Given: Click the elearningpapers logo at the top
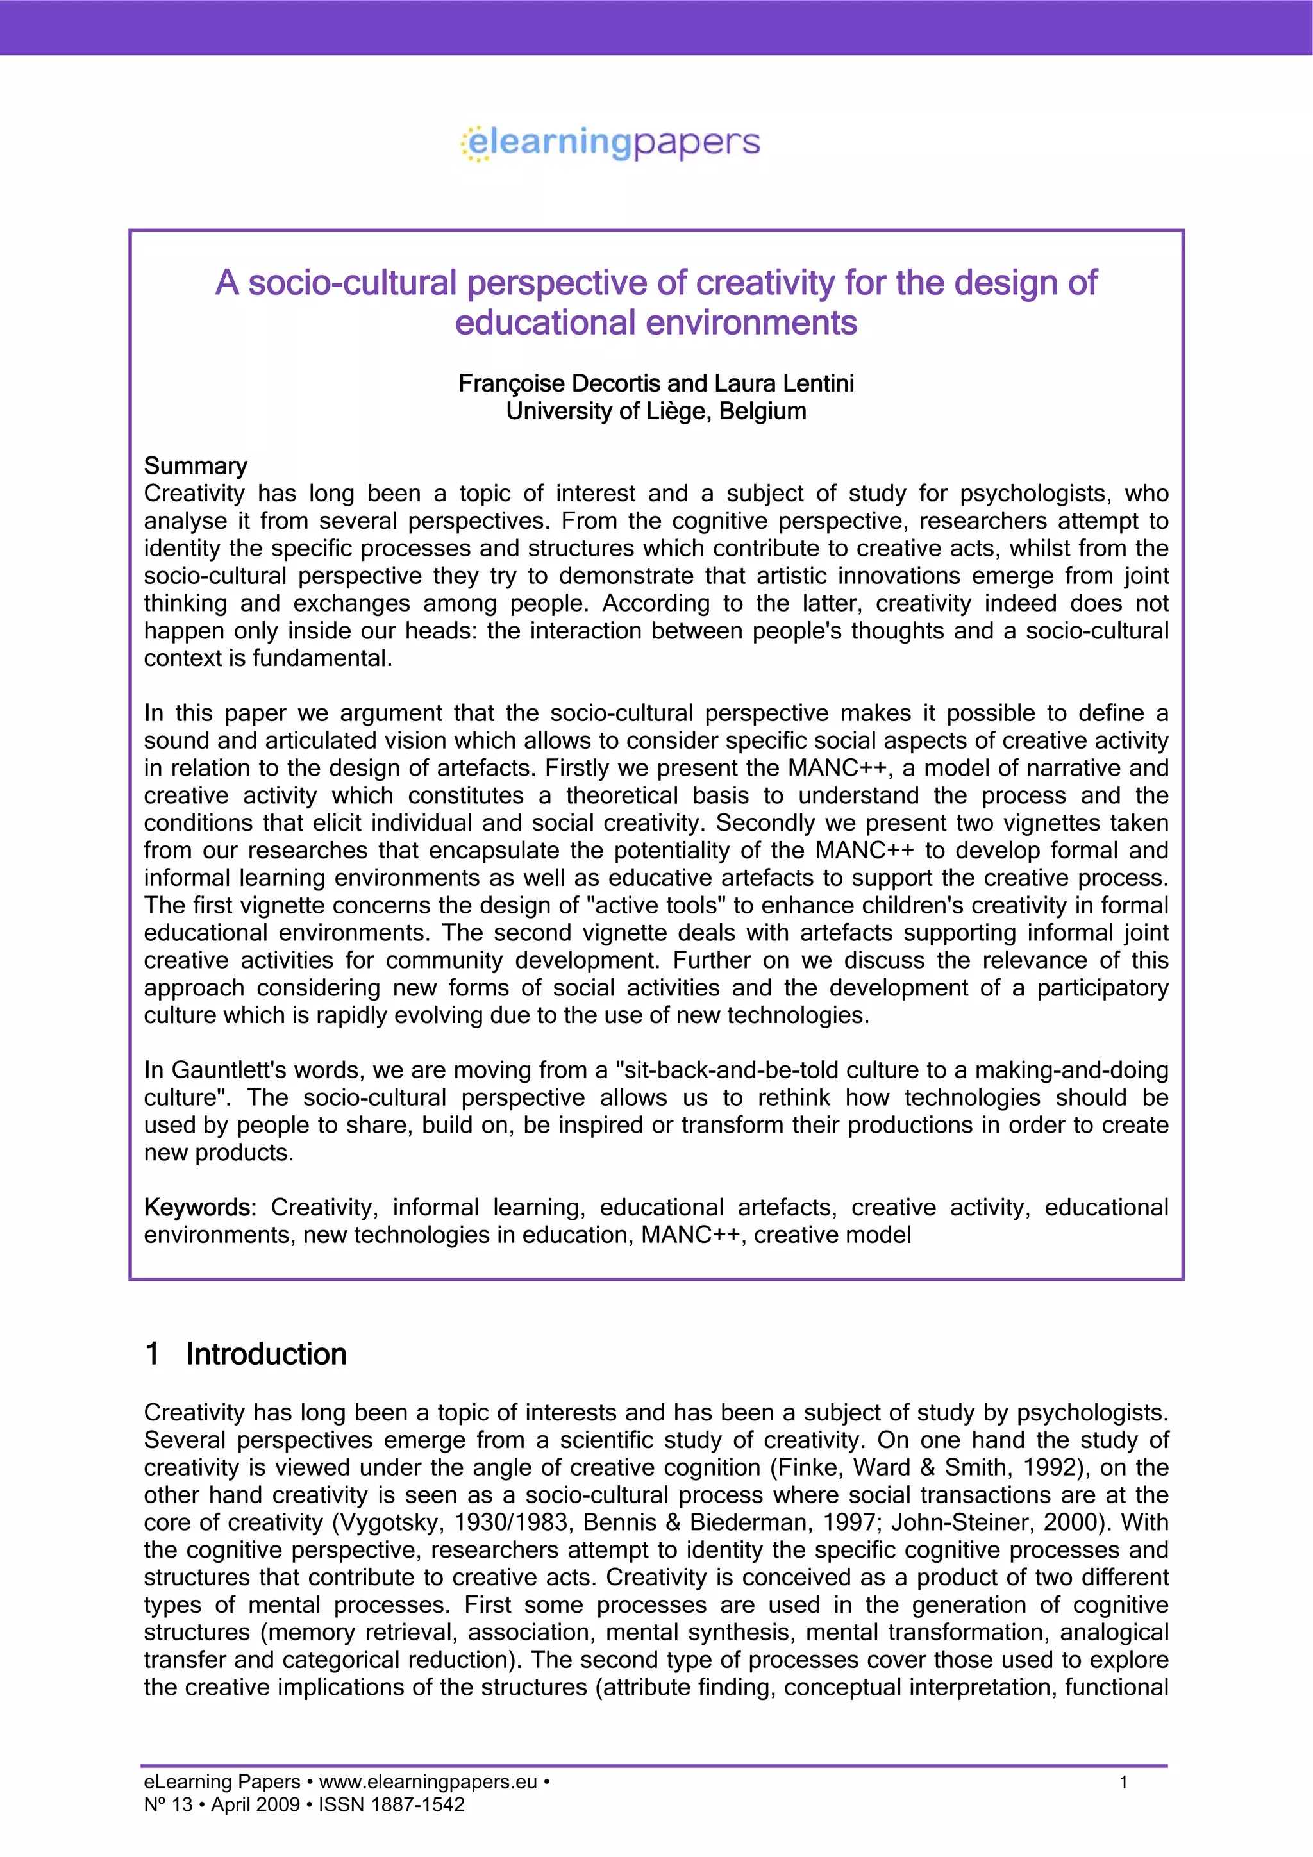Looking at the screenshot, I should pyautogui.click(x=611, y=143).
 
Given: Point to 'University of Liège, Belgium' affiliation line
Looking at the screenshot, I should pyautogui.click(x=656, y=411).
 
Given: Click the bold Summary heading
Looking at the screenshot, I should pyautogui.click(x=195, y=466).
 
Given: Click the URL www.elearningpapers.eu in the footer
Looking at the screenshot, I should pyautogui.click(x=428, y=1782).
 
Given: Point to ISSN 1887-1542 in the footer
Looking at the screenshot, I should pyautogui.click(x=392, y=1804).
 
